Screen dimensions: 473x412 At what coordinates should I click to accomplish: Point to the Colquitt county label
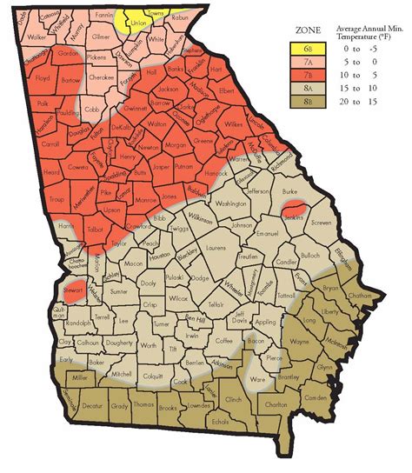[x=153, y=376]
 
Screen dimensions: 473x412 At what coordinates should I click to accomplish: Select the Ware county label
[x=257, y=379]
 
